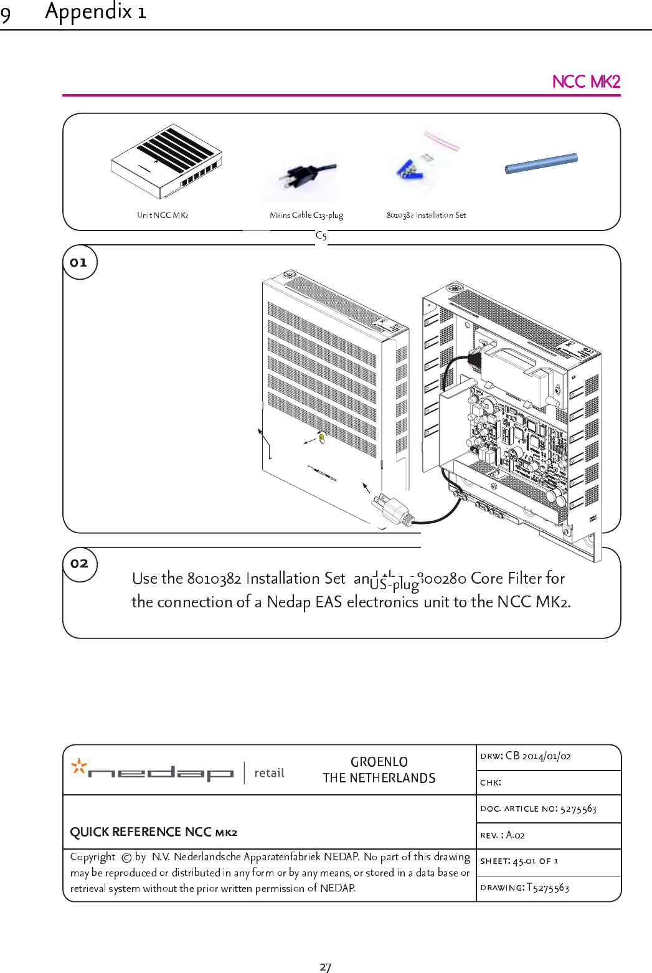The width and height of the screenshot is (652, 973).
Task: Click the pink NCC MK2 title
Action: click(585, 82)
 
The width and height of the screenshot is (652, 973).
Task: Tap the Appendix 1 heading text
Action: click(95, 11)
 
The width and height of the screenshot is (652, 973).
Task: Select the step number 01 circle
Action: click(80, 262)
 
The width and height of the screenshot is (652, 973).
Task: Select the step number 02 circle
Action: click(80, 564)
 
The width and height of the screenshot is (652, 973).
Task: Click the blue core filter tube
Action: click(541, 163)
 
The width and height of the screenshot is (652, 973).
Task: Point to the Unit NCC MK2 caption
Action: click(163, 216)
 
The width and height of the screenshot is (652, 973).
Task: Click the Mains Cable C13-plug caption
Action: click(306, 216)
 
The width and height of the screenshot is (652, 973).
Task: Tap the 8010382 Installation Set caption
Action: click(426, 216)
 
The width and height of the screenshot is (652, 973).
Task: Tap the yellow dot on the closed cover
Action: click(321, 438)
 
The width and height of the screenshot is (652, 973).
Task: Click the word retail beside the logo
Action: click(269, 773)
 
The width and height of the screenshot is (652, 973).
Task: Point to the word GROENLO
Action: click(379, 762)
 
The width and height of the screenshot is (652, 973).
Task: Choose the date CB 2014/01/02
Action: click(538, 756)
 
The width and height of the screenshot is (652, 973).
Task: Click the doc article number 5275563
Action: click(578, 809)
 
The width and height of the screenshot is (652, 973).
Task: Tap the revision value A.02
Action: click(515, 835)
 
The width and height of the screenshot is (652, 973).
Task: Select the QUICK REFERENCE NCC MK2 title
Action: click(153, 832)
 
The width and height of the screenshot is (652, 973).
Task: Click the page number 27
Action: click(325, 967)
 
